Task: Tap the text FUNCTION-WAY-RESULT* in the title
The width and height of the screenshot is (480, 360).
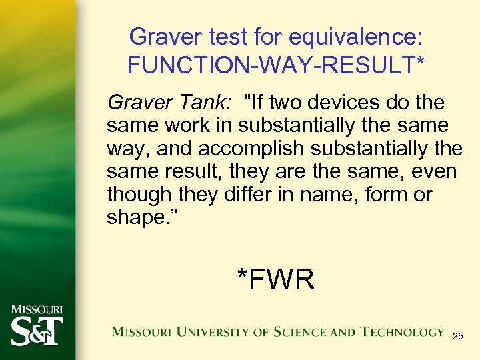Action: [276, 65]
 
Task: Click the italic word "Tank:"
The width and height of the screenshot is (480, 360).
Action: [203, 103]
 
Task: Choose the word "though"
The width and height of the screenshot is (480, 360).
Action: [139, 195]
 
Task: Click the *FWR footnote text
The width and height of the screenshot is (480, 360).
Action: [275, 279]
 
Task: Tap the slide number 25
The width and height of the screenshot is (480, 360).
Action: [457, 337]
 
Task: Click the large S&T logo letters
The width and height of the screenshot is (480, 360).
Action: [37, 331]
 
